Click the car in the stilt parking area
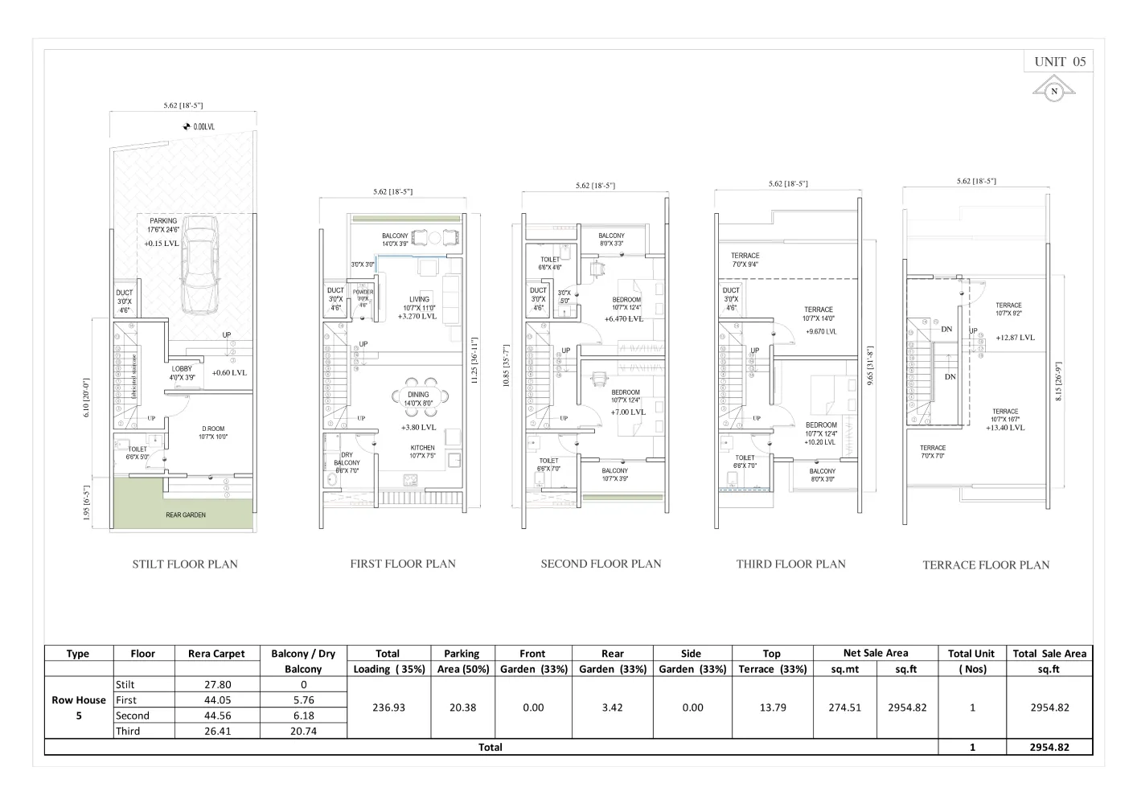tap(199, 270)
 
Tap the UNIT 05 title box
tap(1060, 62)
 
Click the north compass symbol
tap(1054, 91)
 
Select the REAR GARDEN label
tap(186, 515)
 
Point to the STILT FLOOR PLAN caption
tap(185, 564)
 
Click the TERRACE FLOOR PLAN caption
tap(986, 565)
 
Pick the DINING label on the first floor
tap(418, 395)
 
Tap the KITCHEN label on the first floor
tap(422, 448)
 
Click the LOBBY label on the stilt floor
tap(182, 369)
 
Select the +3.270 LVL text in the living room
tap(417, 317)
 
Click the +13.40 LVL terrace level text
tap(1005, 428)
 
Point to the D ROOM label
tap(213, 429)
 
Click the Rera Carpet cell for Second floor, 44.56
tap(217, 716)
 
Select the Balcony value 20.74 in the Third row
tap(303, 731)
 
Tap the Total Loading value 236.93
tap(388, 708)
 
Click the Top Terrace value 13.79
tap(773, 708)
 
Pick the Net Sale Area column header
tap(876, 653)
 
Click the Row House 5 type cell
tap(79, 708)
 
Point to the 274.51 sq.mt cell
tap(844, 708)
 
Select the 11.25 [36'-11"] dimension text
tap(474, 360)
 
